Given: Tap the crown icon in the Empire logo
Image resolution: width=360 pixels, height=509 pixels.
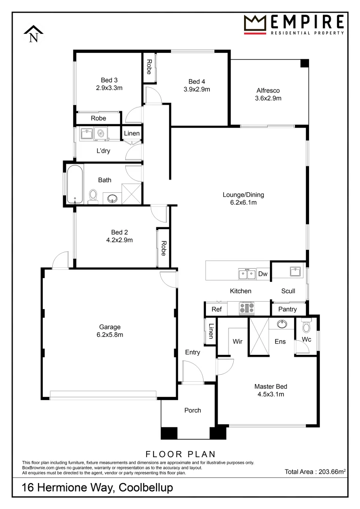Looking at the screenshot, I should [x=255, y=24].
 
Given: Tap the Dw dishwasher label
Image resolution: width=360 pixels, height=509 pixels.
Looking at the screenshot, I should [x=262, y=274].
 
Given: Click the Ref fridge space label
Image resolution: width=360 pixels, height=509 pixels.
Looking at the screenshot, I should [x=216, y=309].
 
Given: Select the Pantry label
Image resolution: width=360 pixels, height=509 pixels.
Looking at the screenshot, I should [x=287, y=309].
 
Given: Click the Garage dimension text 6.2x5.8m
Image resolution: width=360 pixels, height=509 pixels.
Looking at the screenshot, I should [x=109, y=335].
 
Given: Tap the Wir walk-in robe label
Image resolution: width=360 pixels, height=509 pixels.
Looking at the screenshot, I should [x=237, y=341].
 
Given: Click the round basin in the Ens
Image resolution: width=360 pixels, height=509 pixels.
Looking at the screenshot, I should [x=282, y=324].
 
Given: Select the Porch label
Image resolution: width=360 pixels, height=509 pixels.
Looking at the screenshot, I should [x=192, y=410].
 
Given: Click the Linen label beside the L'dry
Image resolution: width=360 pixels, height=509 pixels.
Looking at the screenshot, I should [x=132, y=133].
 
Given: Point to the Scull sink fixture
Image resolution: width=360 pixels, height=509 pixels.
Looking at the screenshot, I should [x=295, y=271].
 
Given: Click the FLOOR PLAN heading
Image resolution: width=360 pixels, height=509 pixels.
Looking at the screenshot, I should [x=180, y=454].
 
